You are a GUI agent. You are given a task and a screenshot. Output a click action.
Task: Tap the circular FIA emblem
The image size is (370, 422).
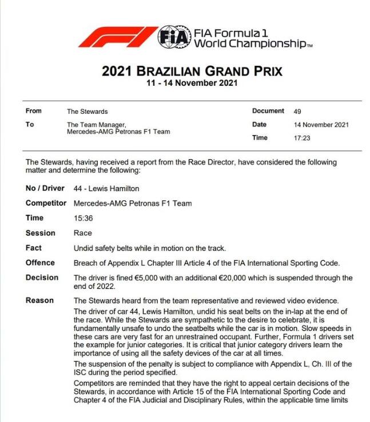(173, 36)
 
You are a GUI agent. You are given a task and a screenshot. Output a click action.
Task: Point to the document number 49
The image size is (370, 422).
(297, 112)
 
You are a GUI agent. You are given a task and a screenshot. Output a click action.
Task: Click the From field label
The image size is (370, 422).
(34, 112)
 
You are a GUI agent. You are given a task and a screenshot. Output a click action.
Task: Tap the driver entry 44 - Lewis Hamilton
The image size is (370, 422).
(106, 189)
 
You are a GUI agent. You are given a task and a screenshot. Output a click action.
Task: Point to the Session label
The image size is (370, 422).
(41, 233)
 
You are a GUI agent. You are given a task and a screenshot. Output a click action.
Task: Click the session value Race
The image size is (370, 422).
(83, 233)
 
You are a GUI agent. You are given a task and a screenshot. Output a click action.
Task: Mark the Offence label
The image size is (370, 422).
(41, 263)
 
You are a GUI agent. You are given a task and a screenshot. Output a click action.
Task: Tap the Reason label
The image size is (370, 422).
(40, 301)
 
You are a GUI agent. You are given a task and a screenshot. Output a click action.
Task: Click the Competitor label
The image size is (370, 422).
(46, 204)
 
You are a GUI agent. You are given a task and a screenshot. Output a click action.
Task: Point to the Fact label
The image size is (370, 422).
(34, 248)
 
